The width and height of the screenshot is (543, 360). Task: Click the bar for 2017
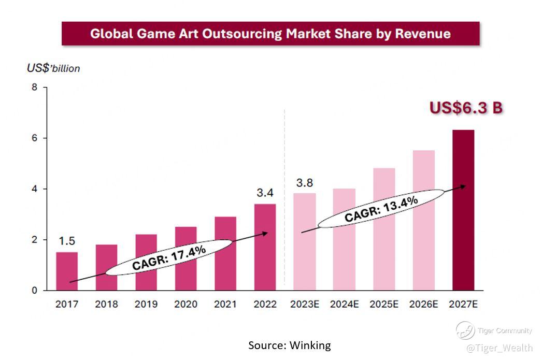(67, 271)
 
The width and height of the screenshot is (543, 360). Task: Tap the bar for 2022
(265, 247)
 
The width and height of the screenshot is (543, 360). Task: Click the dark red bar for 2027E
(463, 210)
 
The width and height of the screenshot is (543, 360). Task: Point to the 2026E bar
(423, 220)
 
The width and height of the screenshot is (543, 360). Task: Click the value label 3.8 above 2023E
(304, 183)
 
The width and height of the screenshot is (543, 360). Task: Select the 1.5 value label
(67, 241)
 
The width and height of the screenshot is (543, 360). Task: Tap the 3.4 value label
(265, 193)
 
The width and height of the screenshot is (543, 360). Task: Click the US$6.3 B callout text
(466, 108)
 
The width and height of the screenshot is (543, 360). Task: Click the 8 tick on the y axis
(35, 87)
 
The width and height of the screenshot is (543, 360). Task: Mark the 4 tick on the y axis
(35, 189)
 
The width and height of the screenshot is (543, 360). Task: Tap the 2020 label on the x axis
(185, 304)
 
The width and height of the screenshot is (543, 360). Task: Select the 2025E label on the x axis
(383, 304)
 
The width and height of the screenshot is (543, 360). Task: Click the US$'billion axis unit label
(53, 68)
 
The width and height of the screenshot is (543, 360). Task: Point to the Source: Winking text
(289, 345)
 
